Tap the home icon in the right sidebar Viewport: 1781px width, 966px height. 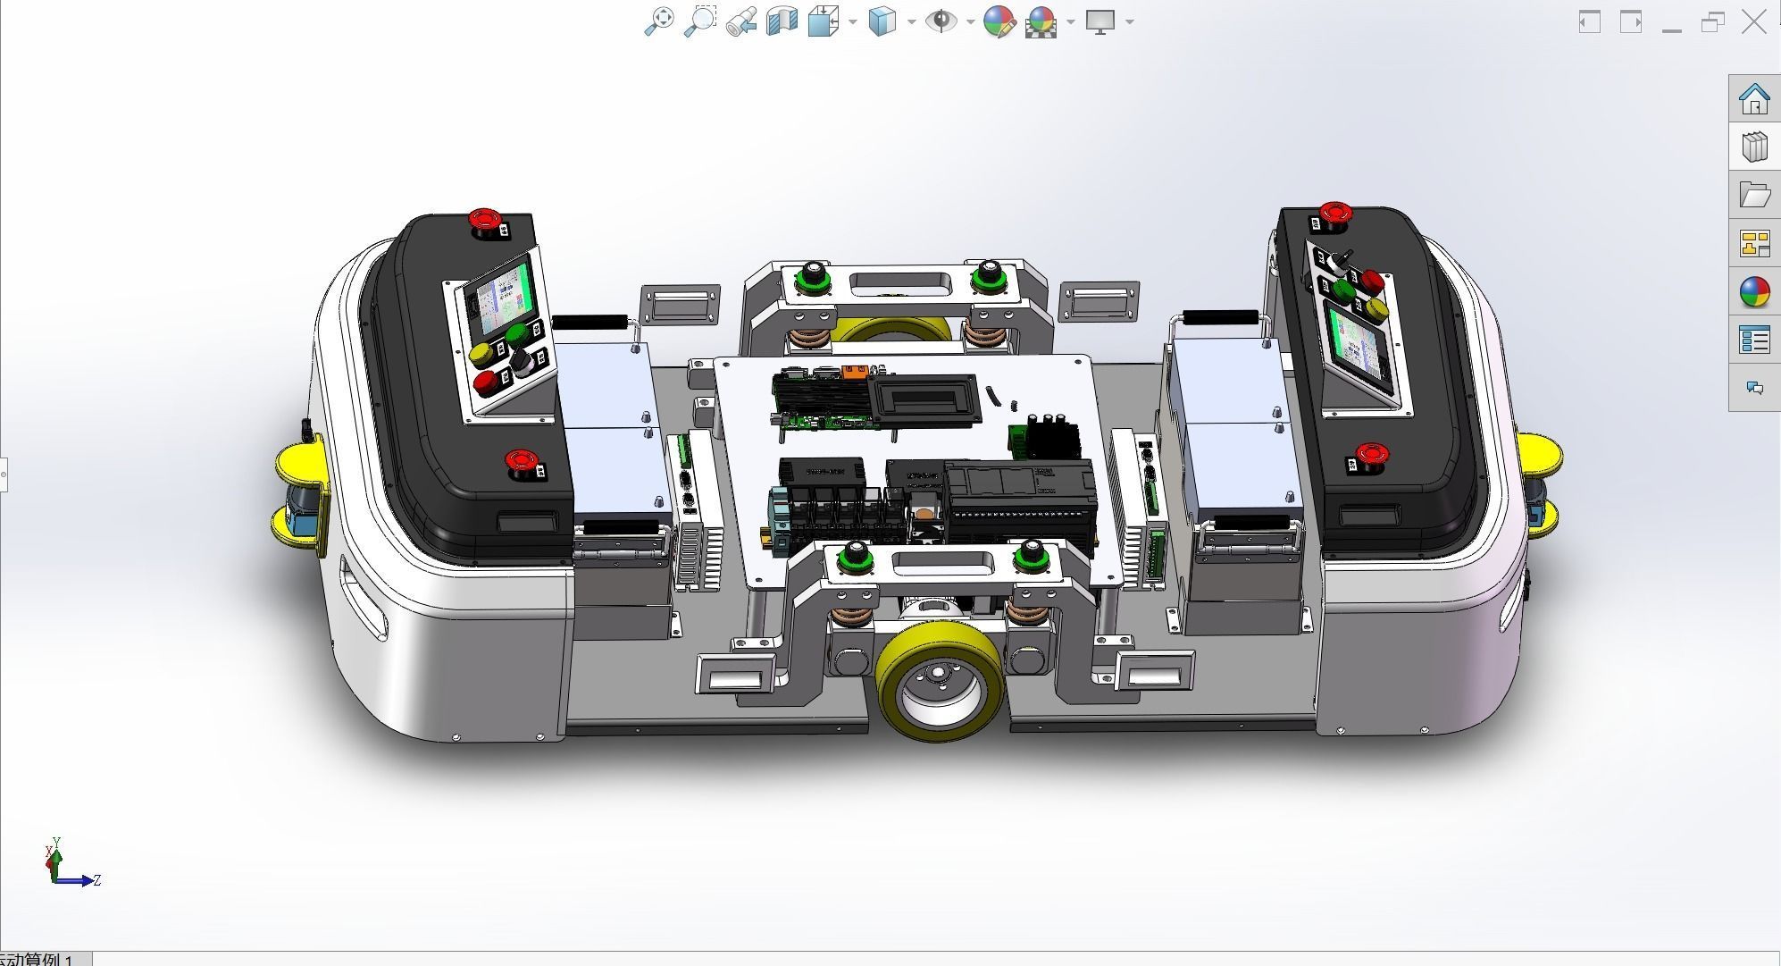[1753, 99]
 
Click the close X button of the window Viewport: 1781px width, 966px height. [1753, 22]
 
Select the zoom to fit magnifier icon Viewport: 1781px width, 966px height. [658, 21]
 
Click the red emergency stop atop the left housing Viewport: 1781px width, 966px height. [485, 220]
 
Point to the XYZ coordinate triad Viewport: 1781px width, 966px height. [67, 867]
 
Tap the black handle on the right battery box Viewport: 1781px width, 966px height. [1220, 317]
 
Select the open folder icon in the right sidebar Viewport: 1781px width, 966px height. [1753, 195]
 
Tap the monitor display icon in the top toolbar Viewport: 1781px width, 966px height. [1100, 21]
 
